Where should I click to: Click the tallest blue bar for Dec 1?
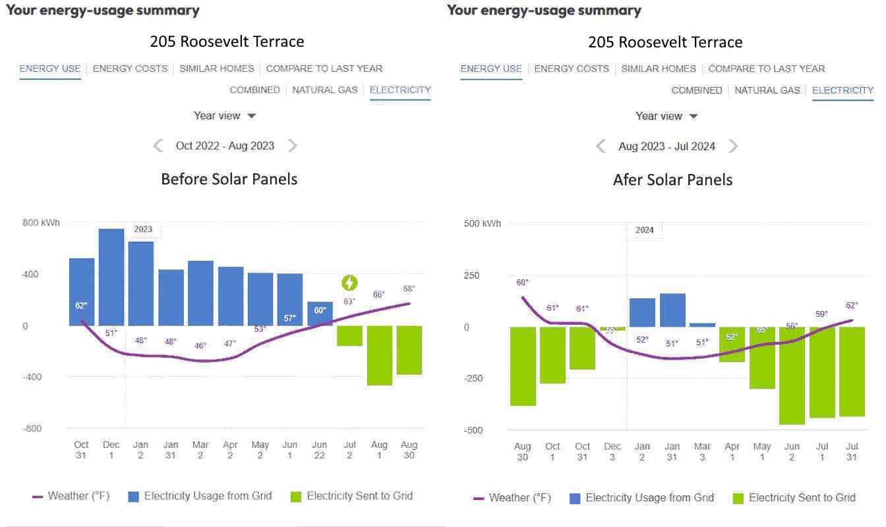tap(111, 277)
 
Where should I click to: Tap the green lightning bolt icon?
tap(349, 283)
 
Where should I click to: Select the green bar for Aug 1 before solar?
tap(380, 355)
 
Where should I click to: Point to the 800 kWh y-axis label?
tap(41, 223)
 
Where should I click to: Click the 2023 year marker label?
tap(143, 229)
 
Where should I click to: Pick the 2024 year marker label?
tap(644, 230)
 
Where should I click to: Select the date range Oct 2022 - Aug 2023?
tap(225, 146)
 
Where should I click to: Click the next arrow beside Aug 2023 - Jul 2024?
tap(733, 146)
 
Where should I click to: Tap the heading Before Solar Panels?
tap(229, 179)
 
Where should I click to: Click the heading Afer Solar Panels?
tap(672, 180)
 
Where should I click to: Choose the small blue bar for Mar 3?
tap(702, 325)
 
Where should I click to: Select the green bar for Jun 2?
tap(792, 375)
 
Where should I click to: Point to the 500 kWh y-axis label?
tap(482, 223)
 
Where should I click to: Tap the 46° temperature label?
tap(200, 345)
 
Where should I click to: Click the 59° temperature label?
tap(821, 314)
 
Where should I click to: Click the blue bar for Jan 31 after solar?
tap(672, 310)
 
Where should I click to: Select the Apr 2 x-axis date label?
tap(230, 450)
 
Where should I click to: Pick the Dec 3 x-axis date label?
tap(612, 451)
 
